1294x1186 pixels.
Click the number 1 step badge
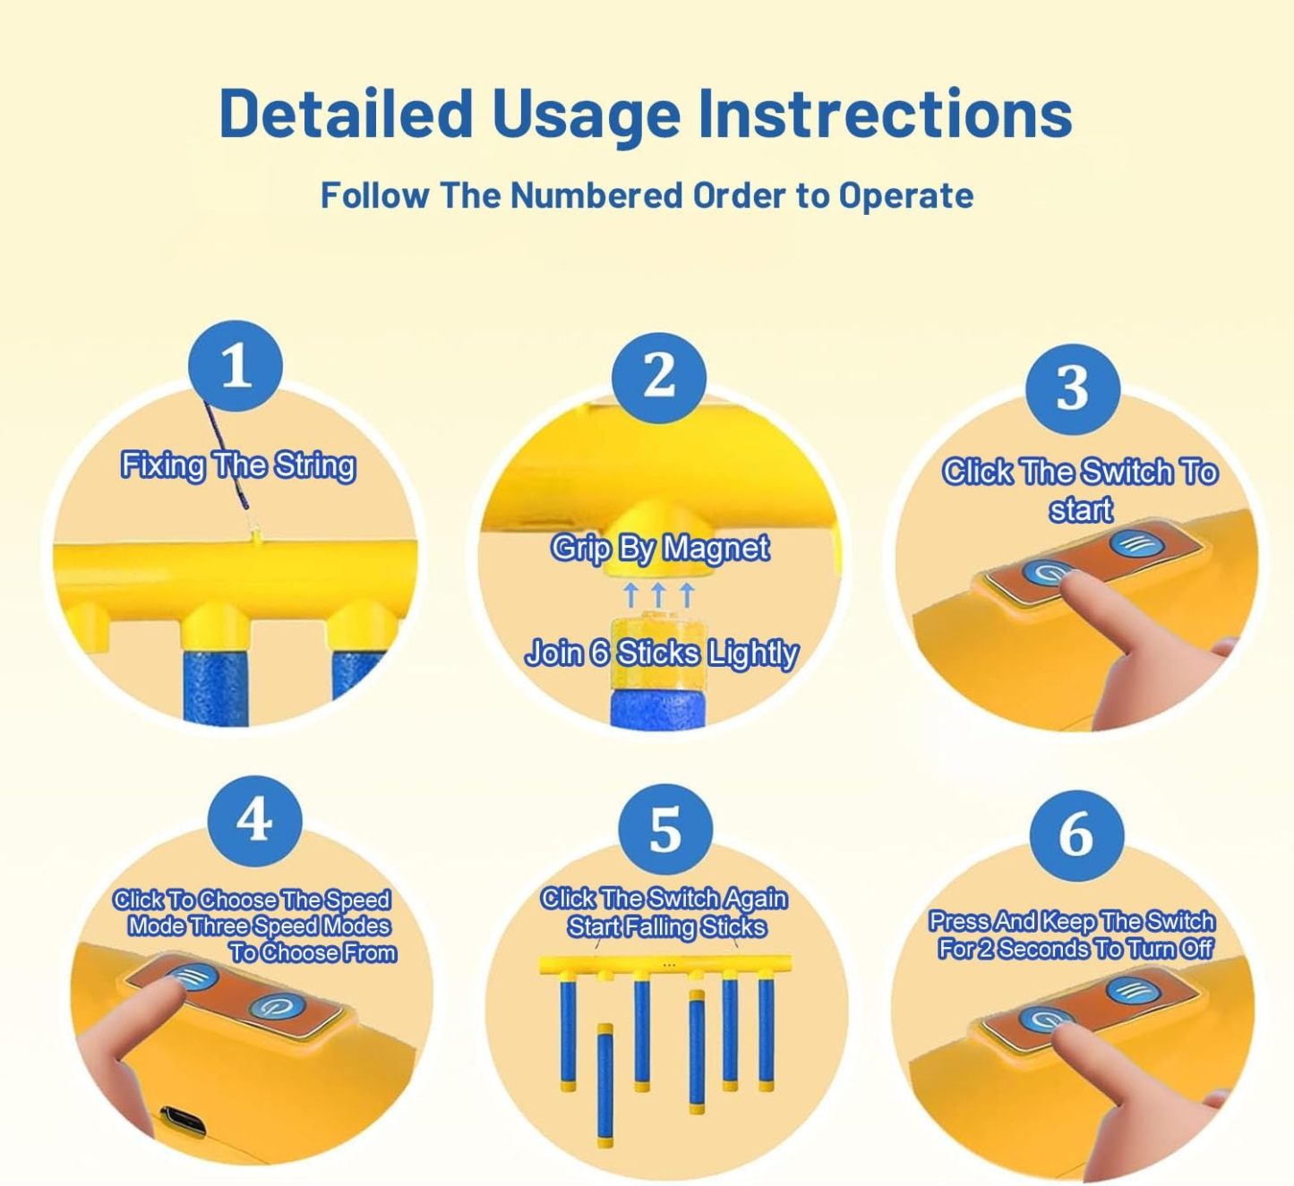pyautogui.click(x=236, y=366)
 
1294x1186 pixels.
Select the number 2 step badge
pyautogui.click(x=658, y=377)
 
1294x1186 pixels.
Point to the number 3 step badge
pyautogui.click(x=1073, y=388)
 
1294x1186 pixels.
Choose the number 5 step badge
pyautogui.click(x=665, y=830)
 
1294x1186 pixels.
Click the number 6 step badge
pyautogui.click(x=1076, y=836)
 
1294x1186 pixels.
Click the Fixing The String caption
pyautogui.click(x=238, y=465)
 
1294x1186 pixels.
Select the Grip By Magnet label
pyautogui.click(x=660, y=549)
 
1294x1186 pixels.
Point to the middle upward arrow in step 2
pyautogui.click(x=658, y=594)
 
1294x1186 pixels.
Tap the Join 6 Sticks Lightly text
pyautogui.click(x=661, y=653)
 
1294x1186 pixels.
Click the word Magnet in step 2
pyautogui.click(x=716, y=549)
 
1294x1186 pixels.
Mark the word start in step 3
pyautogui.click(x=1081, y=509)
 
